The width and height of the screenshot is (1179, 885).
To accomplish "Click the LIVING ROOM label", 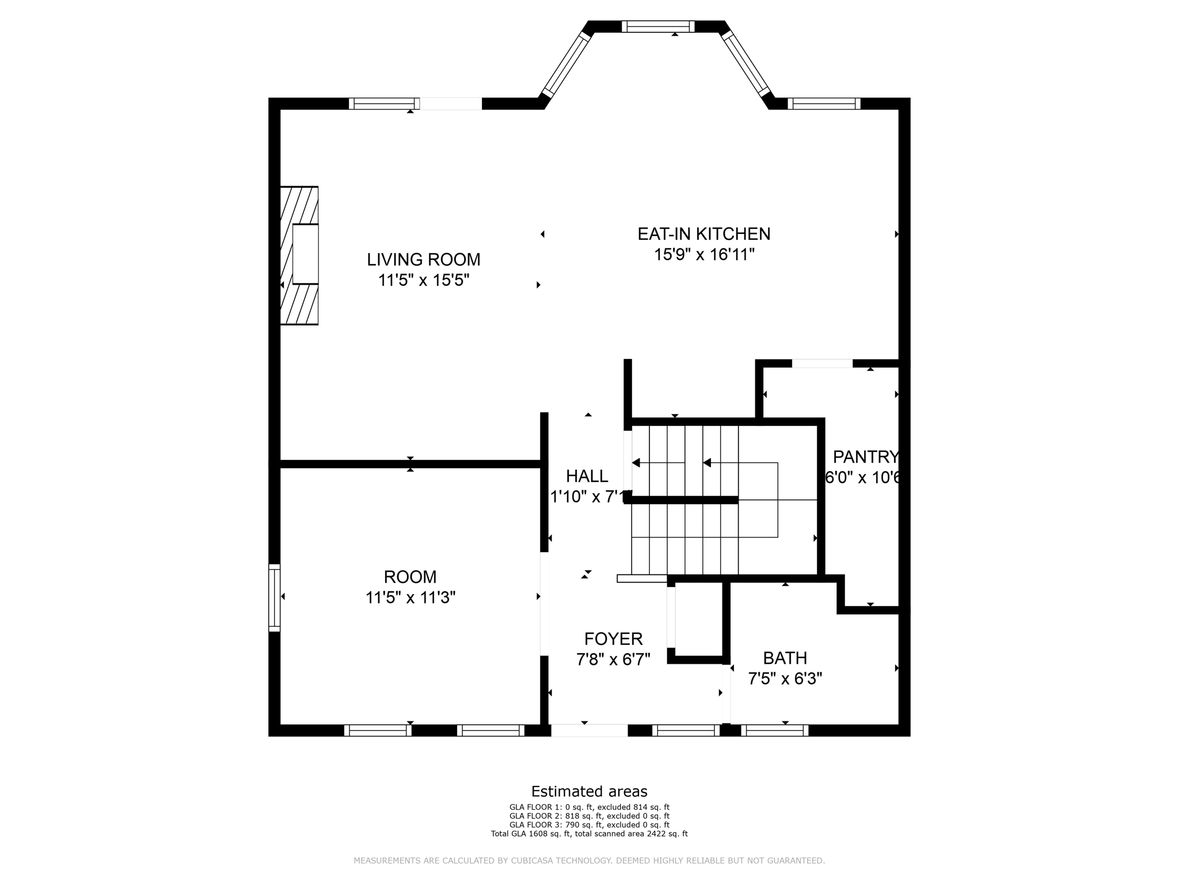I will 424,259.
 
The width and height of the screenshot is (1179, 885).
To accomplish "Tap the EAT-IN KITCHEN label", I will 703,234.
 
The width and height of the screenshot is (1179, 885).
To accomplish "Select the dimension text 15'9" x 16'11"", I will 703,255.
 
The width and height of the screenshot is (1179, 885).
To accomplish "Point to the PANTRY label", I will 865,457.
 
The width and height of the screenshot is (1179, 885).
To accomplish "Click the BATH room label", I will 785,658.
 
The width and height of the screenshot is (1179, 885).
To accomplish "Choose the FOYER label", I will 613,638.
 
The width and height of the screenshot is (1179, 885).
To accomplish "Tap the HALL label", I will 587,476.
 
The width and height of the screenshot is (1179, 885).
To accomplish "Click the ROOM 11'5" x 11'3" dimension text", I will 410,597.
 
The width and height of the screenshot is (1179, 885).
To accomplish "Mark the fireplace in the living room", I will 299,255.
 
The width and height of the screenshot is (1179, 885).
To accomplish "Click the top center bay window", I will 658,27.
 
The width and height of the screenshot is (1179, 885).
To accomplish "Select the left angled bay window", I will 567,65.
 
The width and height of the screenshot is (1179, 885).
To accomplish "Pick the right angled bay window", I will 746,64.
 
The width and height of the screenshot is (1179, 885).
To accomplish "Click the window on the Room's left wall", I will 275,597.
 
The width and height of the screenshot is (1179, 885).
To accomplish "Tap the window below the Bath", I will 774,731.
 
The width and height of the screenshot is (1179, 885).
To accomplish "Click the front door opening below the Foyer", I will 589,731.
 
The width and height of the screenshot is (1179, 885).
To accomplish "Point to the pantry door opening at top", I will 822,364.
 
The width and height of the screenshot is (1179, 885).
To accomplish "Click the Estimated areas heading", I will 589,791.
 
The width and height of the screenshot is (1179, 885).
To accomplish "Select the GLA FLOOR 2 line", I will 589,816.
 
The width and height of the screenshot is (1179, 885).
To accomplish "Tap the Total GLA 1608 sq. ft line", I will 589,834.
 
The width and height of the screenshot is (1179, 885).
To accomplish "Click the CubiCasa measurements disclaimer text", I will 589,861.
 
